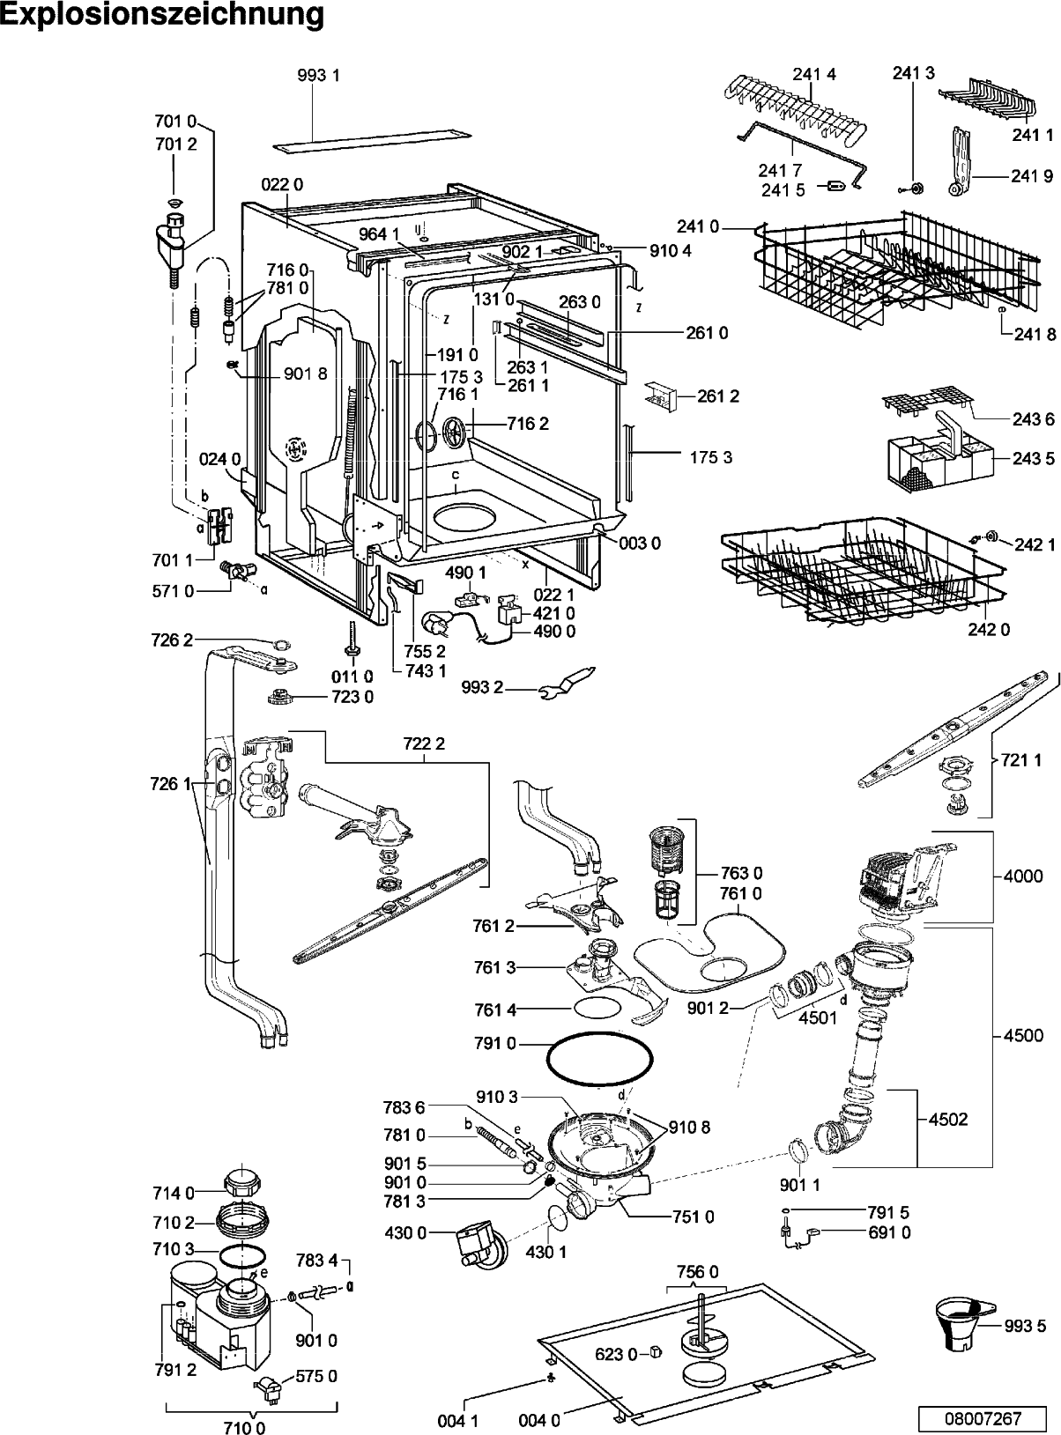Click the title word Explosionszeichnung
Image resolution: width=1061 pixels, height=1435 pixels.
[x=162, y=16]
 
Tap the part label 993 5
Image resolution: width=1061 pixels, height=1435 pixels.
[x=1026, y=1327]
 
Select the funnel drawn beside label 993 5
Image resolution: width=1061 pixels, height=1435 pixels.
[x=962, y=1325]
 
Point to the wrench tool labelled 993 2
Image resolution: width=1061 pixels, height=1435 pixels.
[x=567, y=684]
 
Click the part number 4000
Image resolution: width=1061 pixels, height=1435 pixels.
[x=1023, y=876]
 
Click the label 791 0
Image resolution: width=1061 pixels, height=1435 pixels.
[x=495, y=1043]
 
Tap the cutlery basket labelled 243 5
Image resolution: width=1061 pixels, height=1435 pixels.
[x=938, y=459]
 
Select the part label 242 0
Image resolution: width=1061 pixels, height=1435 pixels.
[x=989, y=630]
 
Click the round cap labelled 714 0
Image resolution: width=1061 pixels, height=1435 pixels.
[x=241, y=1184]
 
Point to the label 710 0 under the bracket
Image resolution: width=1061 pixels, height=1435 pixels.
[x=244, y=1424]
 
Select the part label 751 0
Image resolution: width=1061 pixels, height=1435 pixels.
[x=693, y=1217]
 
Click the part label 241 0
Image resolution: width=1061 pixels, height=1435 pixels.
[x=698, y=227]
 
